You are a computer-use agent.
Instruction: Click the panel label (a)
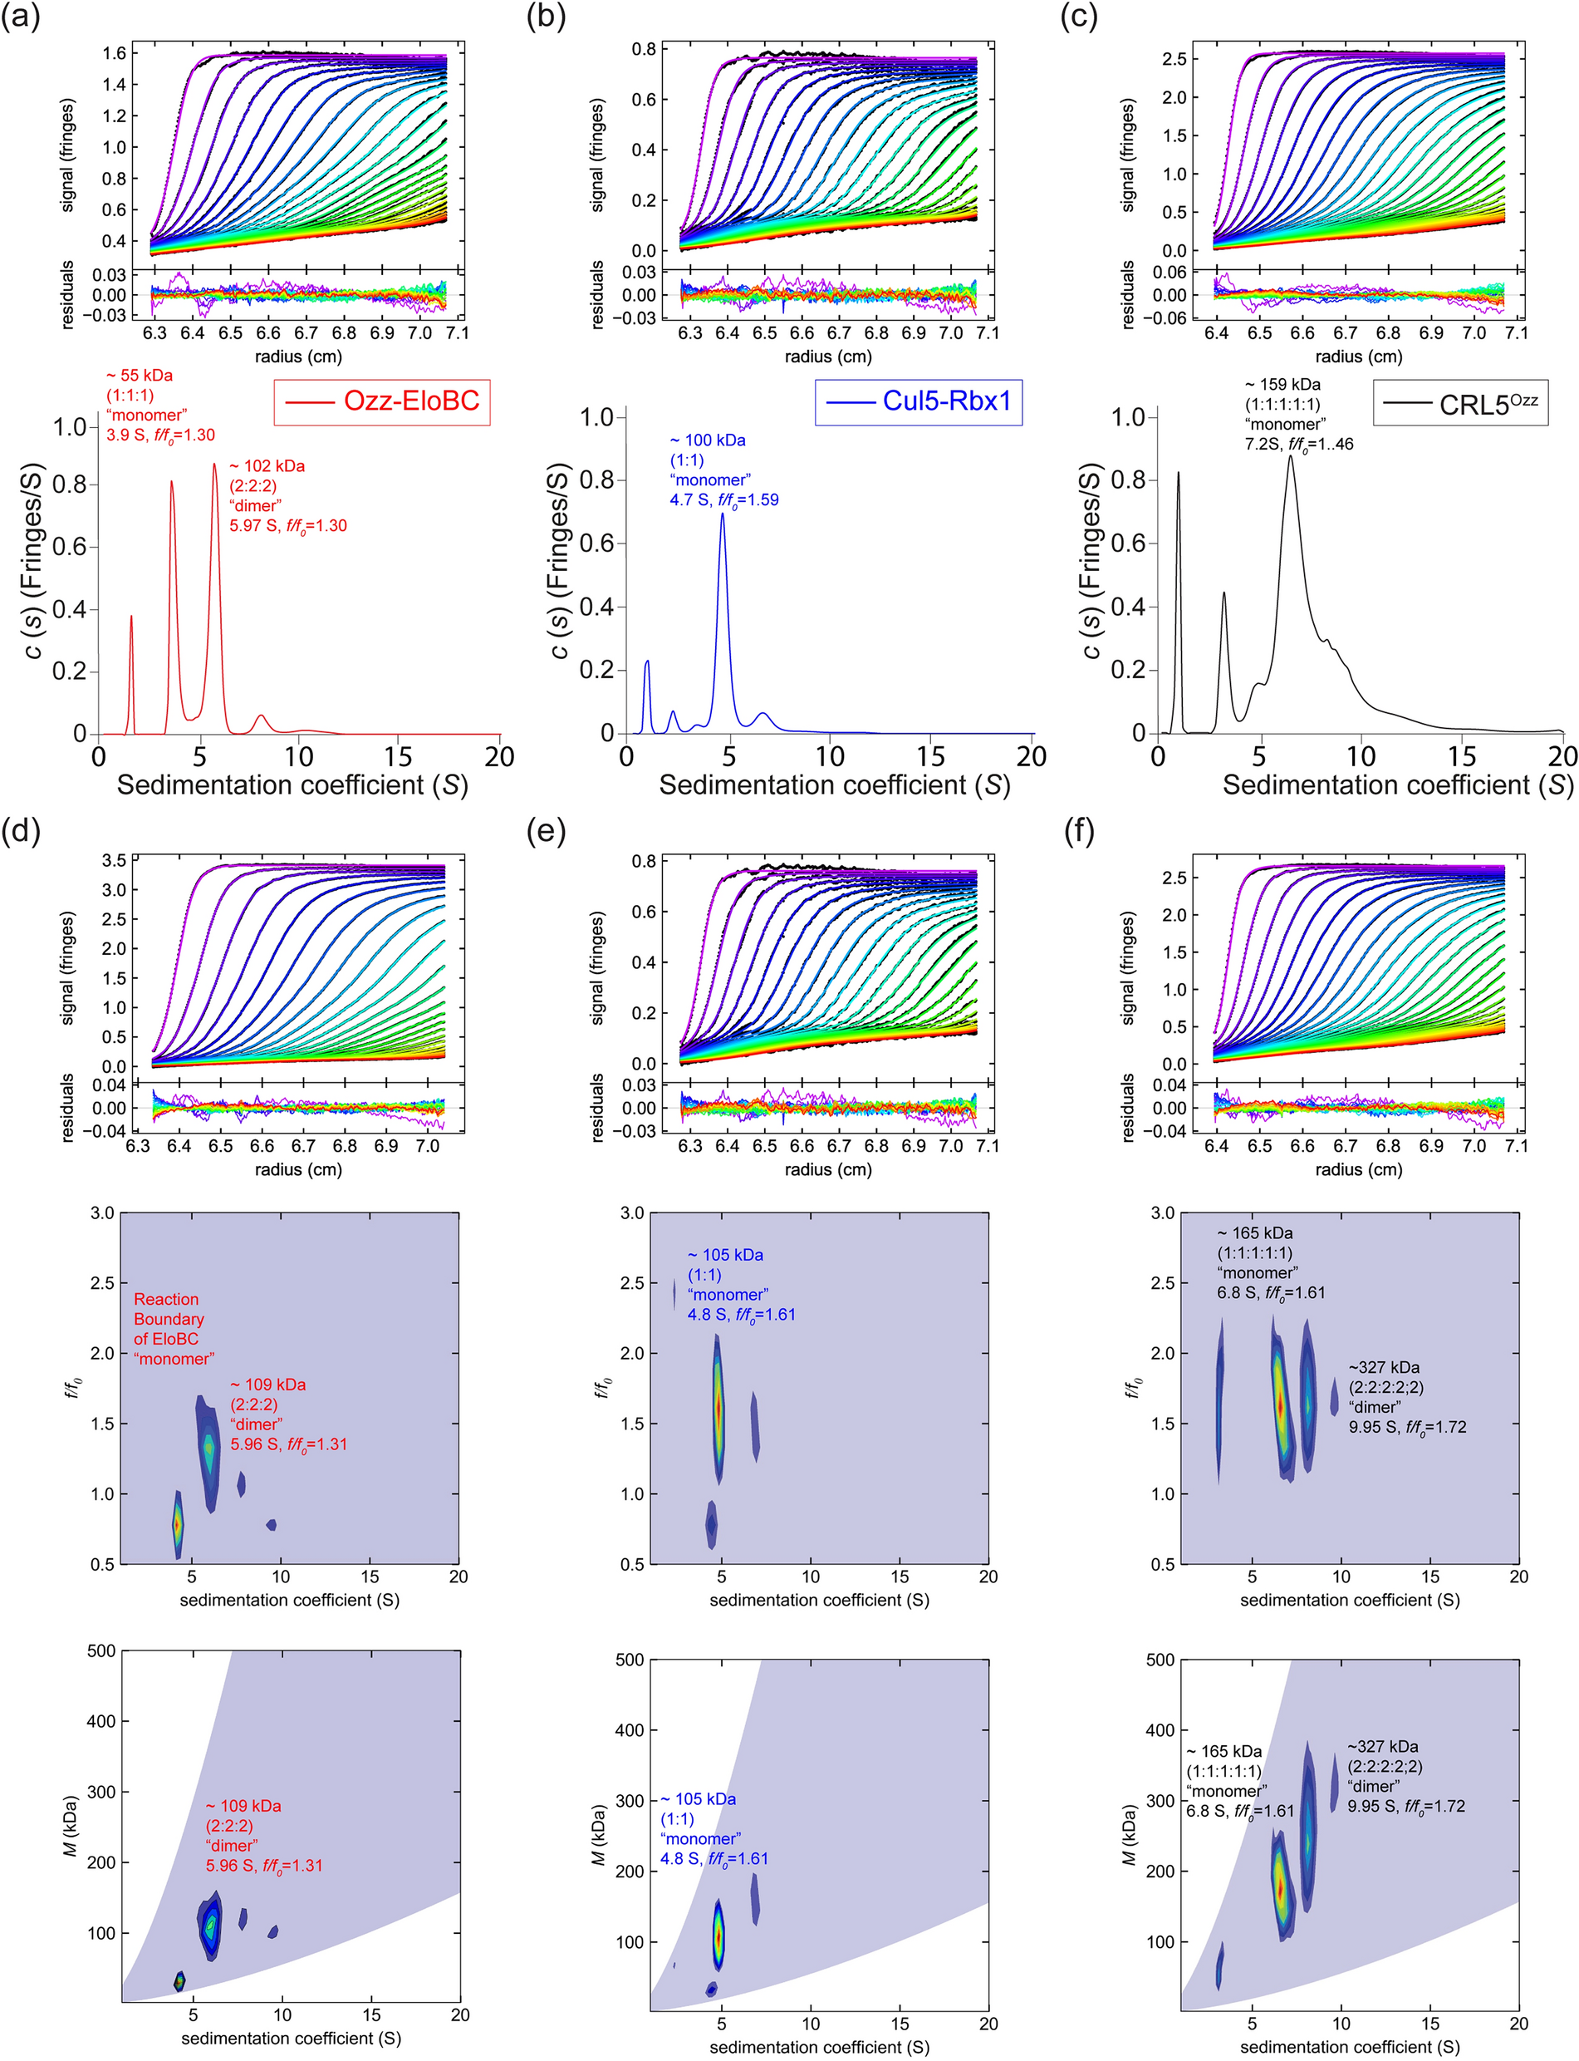click(x=21, y=17)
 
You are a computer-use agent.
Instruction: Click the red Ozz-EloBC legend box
click(x=381, y=401)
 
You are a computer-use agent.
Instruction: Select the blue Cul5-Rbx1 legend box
click(x=919, y=401)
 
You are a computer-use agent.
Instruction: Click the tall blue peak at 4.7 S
click(x=722, y=515)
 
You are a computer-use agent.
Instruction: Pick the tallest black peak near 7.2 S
click(x=1291, y=459)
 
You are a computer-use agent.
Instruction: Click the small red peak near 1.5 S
click(x=130, y=618)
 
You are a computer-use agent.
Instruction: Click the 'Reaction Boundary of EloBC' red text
click(x=173, y=1328)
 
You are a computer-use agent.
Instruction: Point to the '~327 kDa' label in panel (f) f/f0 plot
click(x=1384, y=1367)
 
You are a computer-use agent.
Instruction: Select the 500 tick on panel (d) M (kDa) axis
click(x=101, y=1651)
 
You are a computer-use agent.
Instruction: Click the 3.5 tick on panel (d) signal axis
click(x=114, y=860)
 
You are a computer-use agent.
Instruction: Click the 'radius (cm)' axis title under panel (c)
click(x=1358, y=357)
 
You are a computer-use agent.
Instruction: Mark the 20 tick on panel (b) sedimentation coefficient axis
click(x=1031, y=756)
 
